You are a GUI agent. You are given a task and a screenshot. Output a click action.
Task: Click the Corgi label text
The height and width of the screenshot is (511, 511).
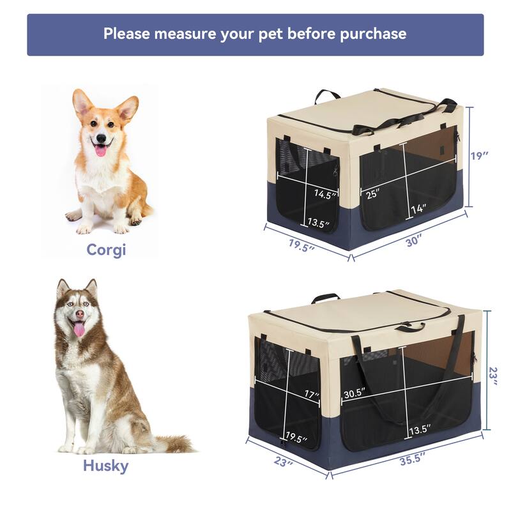point(106,249)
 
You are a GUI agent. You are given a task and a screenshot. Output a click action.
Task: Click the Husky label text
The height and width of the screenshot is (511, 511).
point(105,466)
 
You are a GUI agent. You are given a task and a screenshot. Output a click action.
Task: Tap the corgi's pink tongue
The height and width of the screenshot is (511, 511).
point(101,150)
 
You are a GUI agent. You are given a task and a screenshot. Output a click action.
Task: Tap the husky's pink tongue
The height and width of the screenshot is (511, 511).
point(79,329)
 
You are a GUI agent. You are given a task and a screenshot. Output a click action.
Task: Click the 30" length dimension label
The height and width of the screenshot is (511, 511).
point(414,241)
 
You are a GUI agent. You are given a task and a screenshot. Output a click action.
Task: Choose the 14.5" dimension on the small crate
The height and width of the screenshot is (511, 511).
point(325,194)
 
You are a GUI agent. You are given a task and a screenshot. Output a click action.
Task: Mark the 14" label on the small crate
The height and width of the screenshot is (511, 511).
point(418,208)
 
